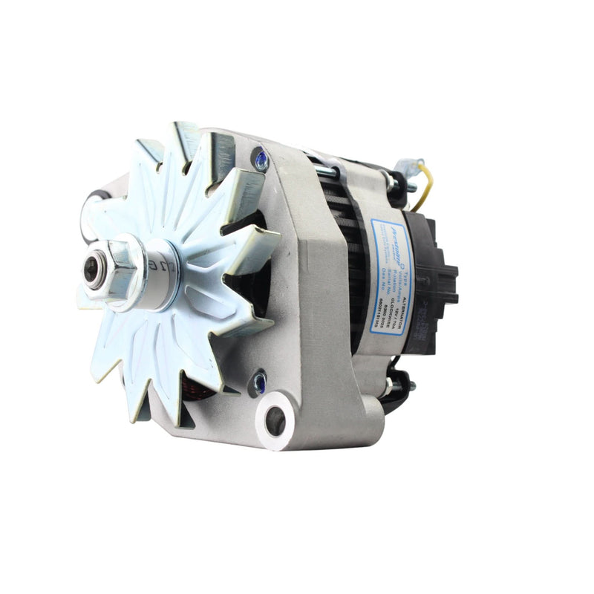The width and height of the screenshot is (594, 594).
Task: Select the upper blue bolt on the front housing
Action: [x=261, y=159]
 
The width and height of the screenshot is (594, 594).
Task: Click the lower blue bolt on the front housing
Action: [x=259, y=382]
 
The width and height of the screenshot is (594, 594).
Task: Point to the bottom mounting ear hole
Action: [x=275, y=422]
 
